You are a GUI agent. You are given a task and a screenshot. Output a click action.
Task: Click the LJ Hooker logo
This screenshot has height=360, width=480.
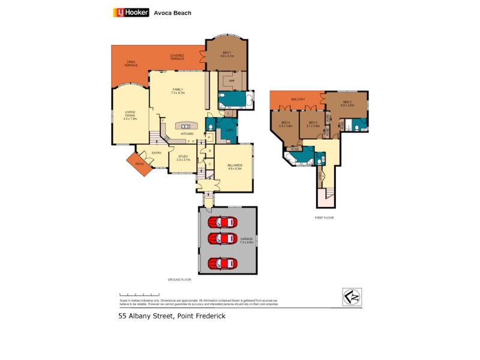click(130, 12)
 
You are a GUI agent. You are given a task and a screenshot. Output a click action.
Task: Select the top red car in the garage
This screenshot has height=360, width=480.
click(223, 223)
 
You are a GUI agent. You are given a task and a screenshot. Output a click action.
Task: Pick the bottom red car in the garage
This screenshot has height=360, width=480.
click(223, 263)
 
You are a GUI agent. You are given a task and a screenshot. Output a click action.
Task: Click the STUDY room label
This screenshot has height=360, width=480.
click(182, 158)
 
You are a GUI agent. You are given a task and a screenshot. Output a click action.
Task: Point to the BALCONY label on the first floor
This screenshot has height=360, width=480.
click(298, 99)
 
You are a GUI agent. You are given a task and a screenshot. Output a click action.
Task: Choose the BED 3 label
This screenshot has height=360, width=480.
click(312, 124)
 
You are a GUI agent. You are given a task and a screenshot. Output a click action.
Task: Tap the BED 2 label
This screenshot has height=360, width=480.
click(348, 103)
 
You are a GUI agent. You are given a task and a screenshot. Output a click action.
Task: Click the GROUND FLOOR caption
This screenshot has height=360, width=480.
click(179, 280)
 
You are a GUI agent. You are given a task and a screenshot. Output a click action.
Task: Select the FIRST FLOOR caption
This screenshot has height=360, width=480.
click(325, 218)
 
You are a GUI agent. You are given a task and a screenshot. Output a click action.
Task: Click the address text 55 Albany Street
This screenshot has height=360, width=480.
click(171, 316)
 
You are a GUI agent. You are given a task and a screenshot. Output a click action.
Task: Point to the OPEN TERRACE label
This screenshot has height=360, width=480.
click(131, 63)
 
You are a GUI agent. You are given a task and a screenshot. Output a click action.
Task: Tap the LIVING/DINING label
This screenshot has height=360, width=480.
click(130, 117)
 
